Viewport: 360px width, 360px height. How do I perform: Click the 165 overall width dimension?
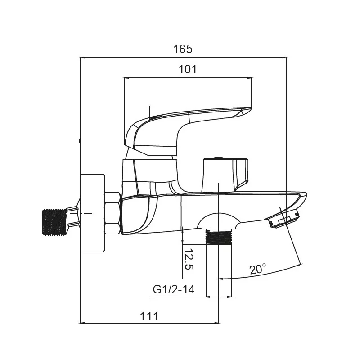click(183, 49)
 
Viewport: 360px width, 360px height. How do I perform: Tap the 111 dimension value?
click(149, 316)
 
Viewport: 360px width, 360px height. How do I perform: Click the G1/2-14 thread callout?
click(173, 289)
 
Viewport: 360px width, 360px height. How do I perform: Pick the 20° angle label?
click(258, 269)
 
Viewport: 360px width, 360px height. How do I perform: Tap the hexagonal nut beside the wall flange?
click(112, 212)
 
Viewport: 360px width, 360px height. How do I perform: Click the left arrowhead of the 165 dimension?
click(83, 58)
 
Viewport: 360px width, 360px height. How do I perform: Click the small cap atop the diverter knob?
click(218, 158)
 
